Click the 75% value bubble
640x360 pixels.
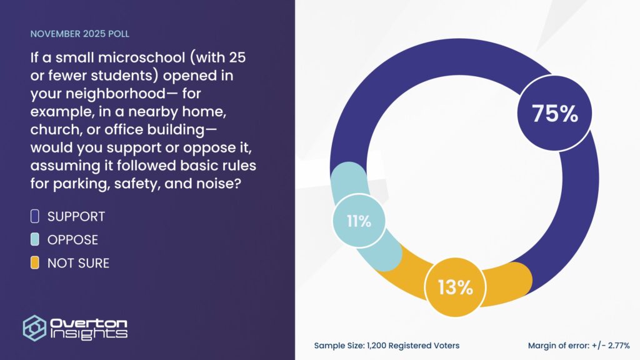555,113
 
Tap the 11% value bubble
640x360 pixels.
359,221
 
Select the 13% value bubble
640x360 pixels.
455,287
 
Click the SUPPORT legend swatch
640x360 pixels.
35,216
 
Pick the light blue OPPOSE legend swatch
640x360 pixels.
35,239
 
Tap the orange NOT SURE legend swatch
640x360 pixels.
35,263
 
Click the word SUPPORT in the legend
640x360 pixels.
76,216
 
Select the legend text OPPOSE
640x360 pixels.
72,239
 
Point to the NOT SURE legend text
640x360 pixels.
78,263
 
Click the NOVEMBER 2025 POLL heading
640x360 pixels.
79,34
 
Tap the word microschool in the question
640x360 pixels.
142,57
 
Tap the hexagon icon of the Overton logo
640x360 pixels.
34,327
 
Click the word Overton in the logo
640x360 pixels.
89,323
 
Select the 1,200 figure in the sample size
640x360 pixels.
376,346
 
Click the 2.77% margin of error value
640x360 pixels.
619,346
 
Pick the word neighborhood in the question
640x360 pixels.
116,94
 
